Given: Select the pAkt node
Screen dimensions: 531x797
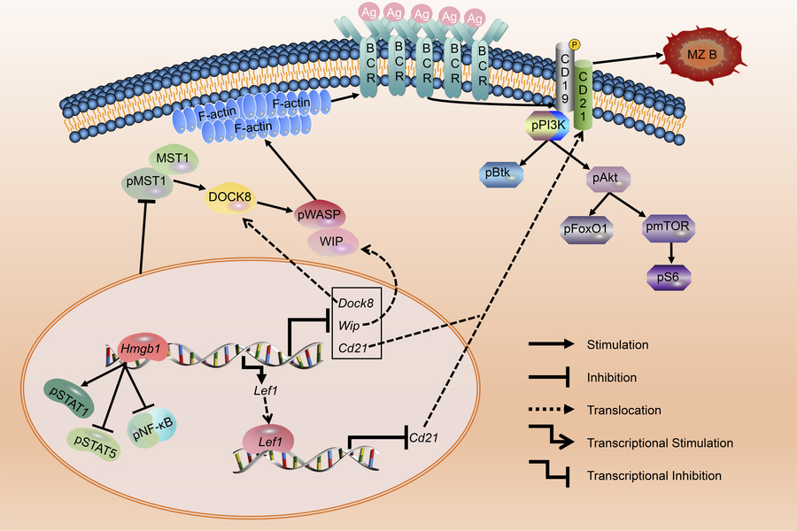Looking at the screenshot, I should coord(608,181).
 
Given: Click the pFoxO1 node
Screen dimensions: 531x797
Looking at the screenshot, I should coord(584,230).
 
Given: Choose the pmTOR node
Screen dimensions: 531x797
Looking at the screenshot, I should coord(667,230).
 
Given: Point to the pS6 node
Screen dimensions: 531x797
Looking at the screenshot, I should coord(667,277).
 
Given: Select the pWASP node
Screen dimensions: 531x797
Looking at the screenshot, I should coord(321,215).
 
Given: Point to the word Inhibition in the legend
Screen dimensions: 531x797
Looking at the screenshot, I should coord(612,377).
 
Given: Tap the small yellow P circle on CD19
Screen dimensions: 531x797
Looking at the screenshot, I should coord(573,44).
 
